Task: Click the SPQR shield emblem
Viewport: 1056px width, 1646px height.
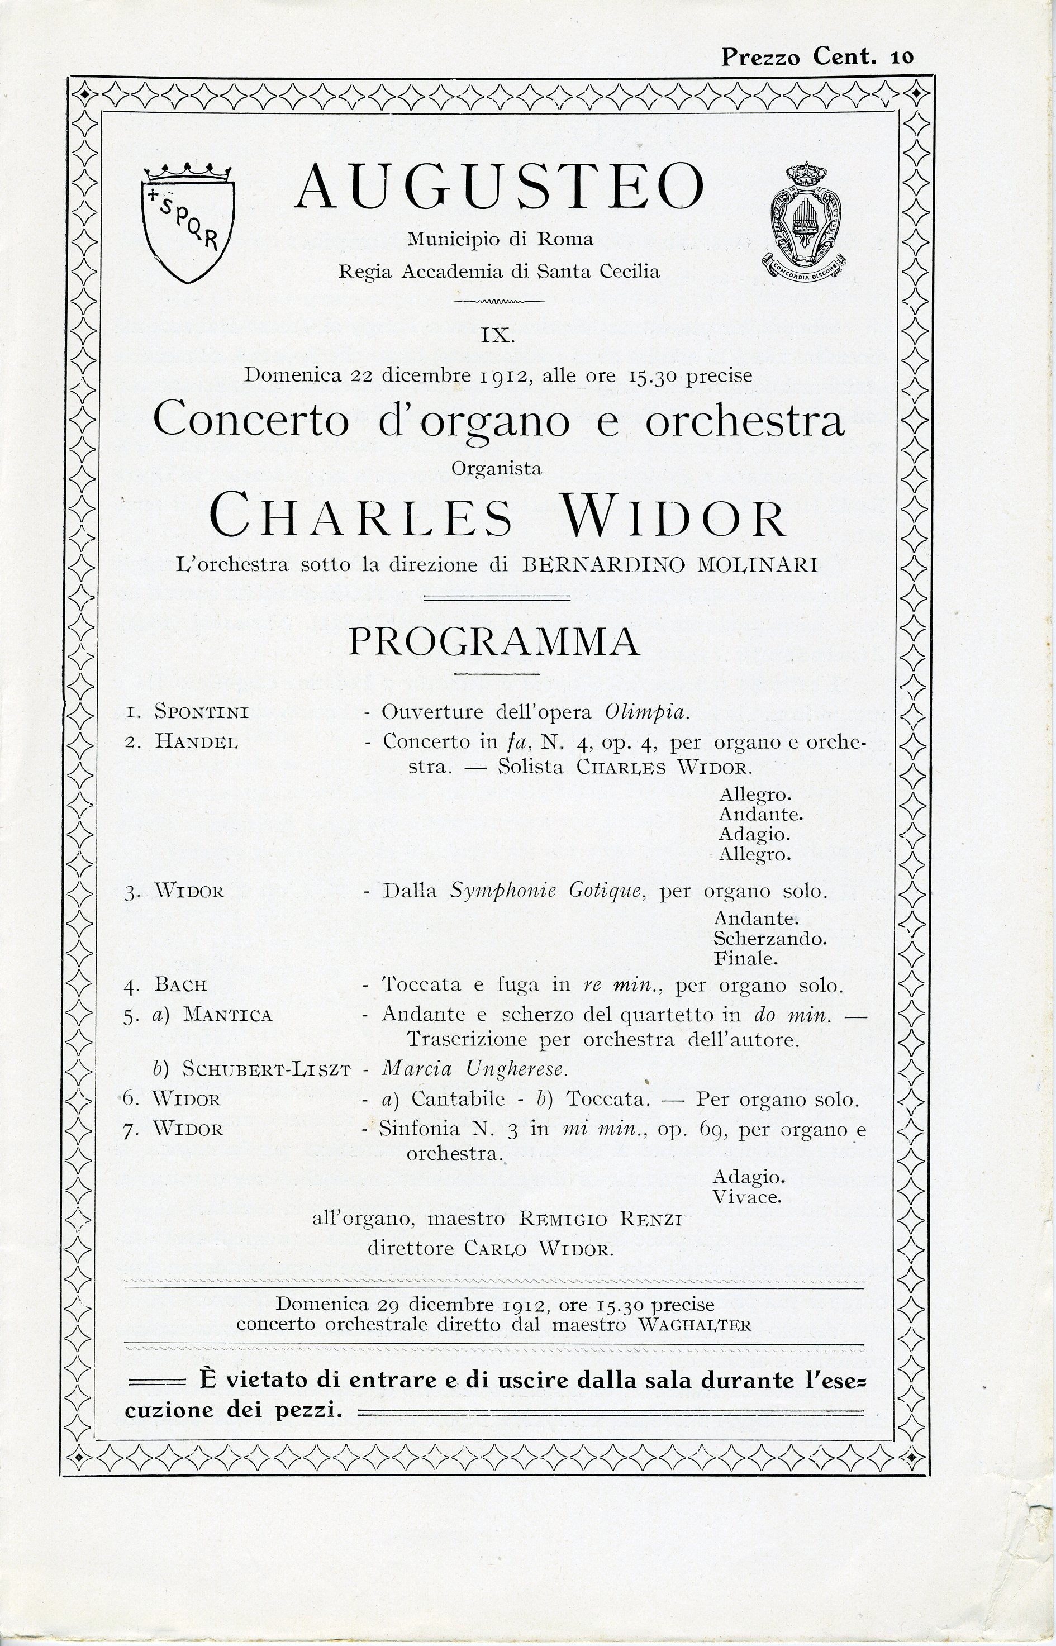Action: click(x=188, y=223)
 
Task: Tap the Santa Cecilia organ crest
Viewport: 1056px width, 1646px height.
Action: click(x=805, y=223)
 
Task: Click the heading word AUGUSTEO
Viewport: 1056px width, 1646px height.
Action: click(x=500, y=187)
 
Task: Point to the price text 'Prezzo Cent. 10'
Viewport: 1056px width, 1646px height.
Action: click(x=817, y=56)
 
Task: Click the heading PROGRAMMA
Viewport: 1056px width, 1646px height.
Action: click(x=494, y=643)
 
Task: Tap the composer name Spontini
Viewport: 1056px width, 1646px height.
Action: click(x=201, y=712)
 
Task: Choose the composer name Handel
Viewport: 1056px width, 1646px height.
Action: click(x=197, y=742)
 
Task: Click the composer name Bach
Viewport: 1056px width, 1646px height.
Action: click(x=180, y=986)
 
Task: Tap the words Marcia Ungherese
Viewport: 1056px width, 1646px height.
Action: click(x=474, y=1069)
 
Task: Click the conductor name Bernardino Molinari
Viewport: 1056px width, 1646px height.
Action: click(x=670, y=565)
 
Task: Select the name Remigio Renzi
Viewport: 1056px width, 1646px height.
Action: click(x=600, y=1220)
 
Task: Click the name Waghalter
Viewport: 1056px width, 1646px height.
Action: click(x=694, y=1325)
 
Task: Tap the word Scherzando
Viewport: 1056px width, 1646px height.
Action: click(x=769, y=938)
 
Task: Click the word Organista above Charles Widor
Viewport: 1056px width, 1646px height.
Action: click(x=497, y=469)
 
